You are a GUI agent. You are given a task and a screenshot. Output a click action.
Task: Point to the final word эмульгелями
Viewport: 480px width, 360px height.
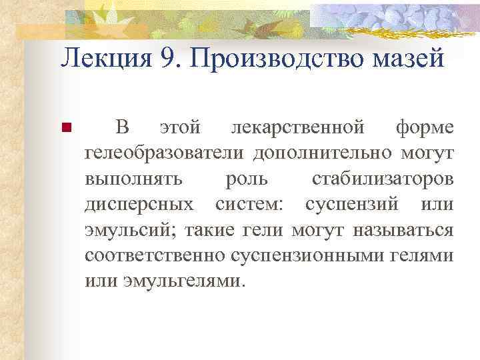click(x=185, y=281)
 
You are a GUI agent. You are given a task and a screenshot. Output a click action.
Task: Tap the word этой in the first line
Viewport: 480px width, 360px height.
click(x=179, y=126)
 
